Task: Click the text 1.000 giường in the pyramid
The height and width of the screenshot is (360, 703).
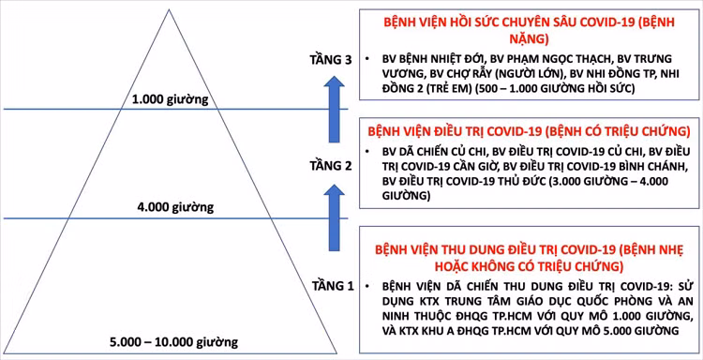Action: coord(170,98)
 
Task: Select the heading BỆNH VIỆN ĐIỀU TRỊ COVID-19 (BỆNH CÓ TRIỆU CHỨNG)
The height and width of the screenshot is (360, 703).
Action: coord(527,130)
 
